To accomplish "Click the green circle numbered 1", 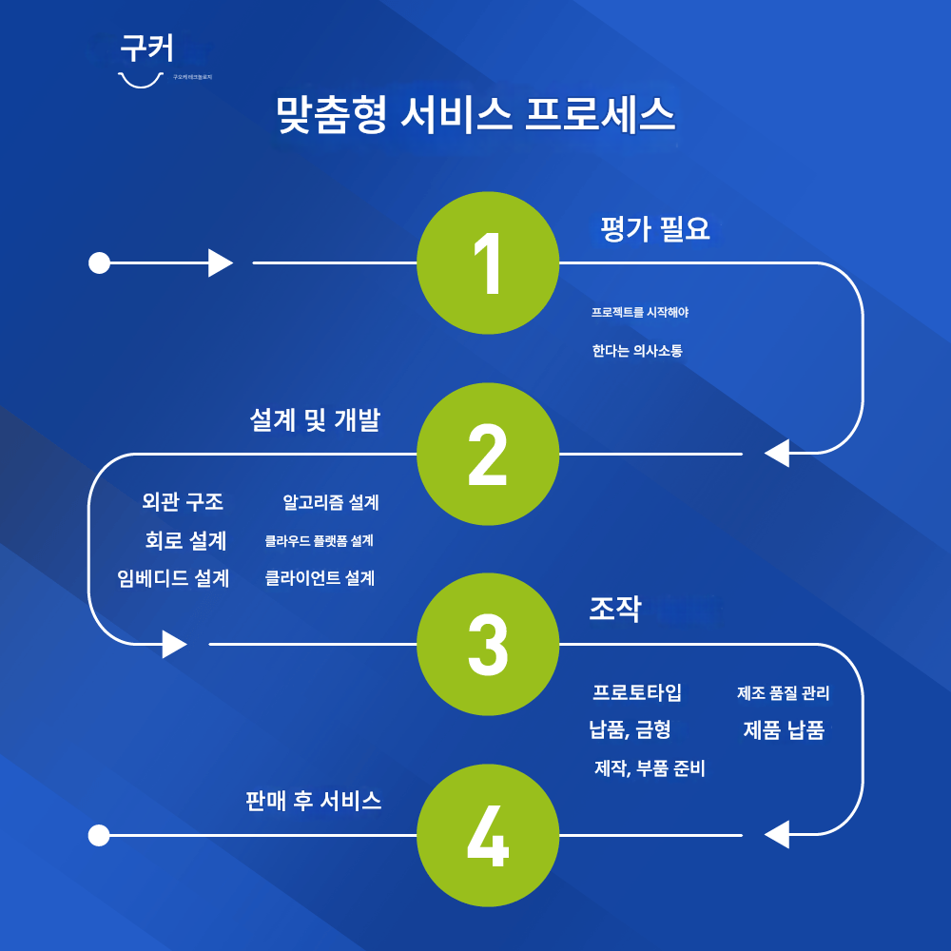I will (488, 262).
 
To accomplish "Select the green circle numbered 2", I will (488, 454).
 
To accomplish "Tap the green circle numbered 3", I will (488, 644).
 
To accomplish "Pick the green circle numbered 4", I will (488, 835).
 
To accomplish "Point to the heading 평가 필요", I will (655, 229).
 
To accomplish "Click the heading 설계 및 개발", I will (315, 420).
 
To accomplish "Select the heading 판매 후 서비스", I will (314, 801).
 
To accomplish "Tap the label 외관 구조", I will (183, 501).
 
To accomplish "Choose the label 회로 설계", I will (185, 540).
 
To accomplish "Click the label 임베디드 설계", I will (173, 578).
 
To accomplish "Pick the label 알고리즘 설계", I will (331, 502).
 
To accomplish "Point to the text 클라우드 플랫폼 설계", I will (319, 541).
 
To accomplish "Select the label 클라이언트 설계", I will (320, 578).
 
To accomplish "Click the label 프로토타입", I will (637, 692).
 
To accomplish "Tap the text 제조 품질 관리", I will (783, 693).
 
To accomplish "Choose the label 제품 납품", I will (784, 730).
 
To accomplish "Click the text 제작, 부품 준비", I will (650, 768).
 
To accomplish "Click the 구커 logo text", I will (146, 49).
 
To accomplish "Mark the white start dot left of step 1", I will (99, 262).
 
